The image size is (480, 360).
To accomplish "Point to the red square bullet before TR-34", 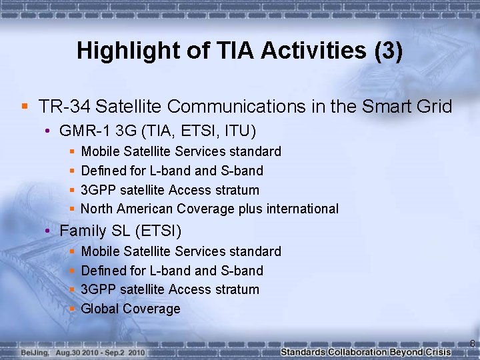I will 25,106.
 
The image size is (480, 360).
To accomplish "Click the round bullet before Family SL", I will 49,231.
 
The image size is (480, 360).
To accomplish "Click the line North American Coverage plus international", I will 209,209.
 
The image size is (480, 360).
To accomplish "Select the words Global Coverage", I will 130,309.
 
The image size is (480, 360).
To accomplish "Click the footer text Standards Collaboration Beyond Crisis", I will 365,351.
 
